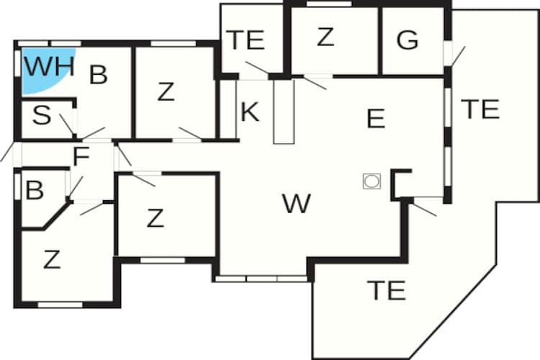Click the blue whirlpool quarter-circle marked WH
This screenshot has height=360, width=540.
tap(41, 69)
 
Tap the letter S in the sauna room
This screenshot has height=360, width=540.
tap(42, 115)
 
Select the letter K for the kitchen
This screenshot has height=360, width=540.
tap(250, 112)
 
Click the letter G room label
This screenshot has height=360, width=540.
tap(408, 40)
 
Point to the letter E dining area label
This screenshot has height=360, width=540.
tap(376, 118)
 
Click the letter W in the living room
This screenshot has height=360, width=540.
tap(297, 203)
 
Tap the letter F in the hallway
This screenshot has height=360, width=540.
tap(81, 156)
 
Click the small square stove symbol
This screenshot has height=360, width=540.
tap(372, 181)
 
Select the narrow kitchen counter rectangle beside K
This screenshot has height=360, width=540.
tap(284, 112)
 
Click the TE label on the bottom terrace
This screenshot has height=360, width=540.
tap(386, 290)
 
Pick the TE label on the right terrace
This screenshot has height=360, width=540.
tap(480, 109)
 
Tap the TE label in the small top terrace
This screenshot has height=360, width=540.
tap(246, 40)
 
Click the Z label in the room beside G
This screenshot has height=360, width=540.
tap(325, 37)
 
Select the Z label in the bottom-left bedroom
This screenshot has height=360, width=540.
tap(52, 259)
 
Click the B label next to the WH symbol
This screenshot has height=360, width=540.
tap(98, 74)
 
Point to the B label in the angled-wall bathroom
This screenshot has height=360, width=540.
tap(35, 190)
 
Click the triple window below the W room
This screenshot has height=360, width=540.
tap(261, 279)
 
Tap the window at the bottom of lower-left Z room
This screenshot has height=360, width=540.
tap(60, 305)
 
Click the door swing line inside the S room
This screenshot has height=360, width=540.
tap(66, 125)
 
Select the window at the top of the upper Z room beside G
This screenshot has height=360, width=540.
tap(329, 4)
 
